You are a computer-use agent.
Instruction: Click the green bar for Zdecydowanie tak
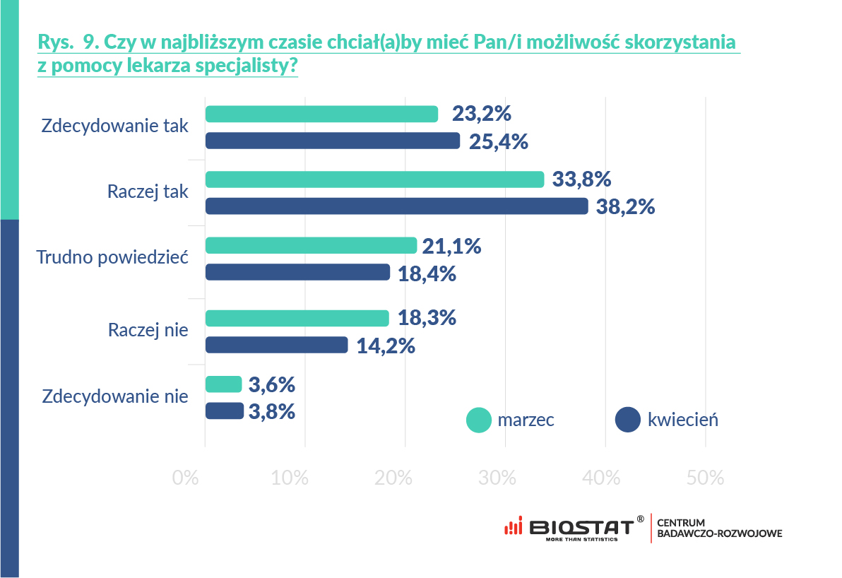pyautogui.click(x=321, y=114)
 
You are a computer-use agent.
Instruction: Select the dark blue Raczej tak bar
pyautogui.click(x=396, y=206)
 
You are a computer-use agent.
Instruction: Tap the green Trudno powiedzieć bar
pyautogui.click(x=311, y=245)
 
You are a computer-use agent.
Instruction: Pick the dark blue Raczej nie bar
pyautogui.click(x=276, y=345)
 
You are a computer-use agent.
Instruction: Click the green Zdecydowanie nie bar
pyautogui.click(x=223, y=384)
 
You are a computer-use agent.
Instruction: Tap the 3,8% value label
pyautogui.click(x=271, y=411)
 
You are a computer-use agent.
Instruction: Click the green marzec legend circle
pyautogui.click(x=478, y=420)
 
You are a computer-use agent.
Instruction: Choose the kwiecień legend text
pyautogui.click(x=682, y=420)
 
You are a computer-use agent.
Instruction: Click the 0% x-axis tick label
pyautogui.click(x=185, y=478)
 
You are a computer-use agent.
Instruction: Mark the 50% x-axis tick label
pyautogui.click(x=705, y=478)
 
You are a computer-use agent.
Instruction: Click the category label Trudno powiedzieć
pyautogui.click(x=112, y=257)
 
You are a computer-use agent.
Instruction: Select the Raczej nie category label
pyautogui.click(x=148, y=330)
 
